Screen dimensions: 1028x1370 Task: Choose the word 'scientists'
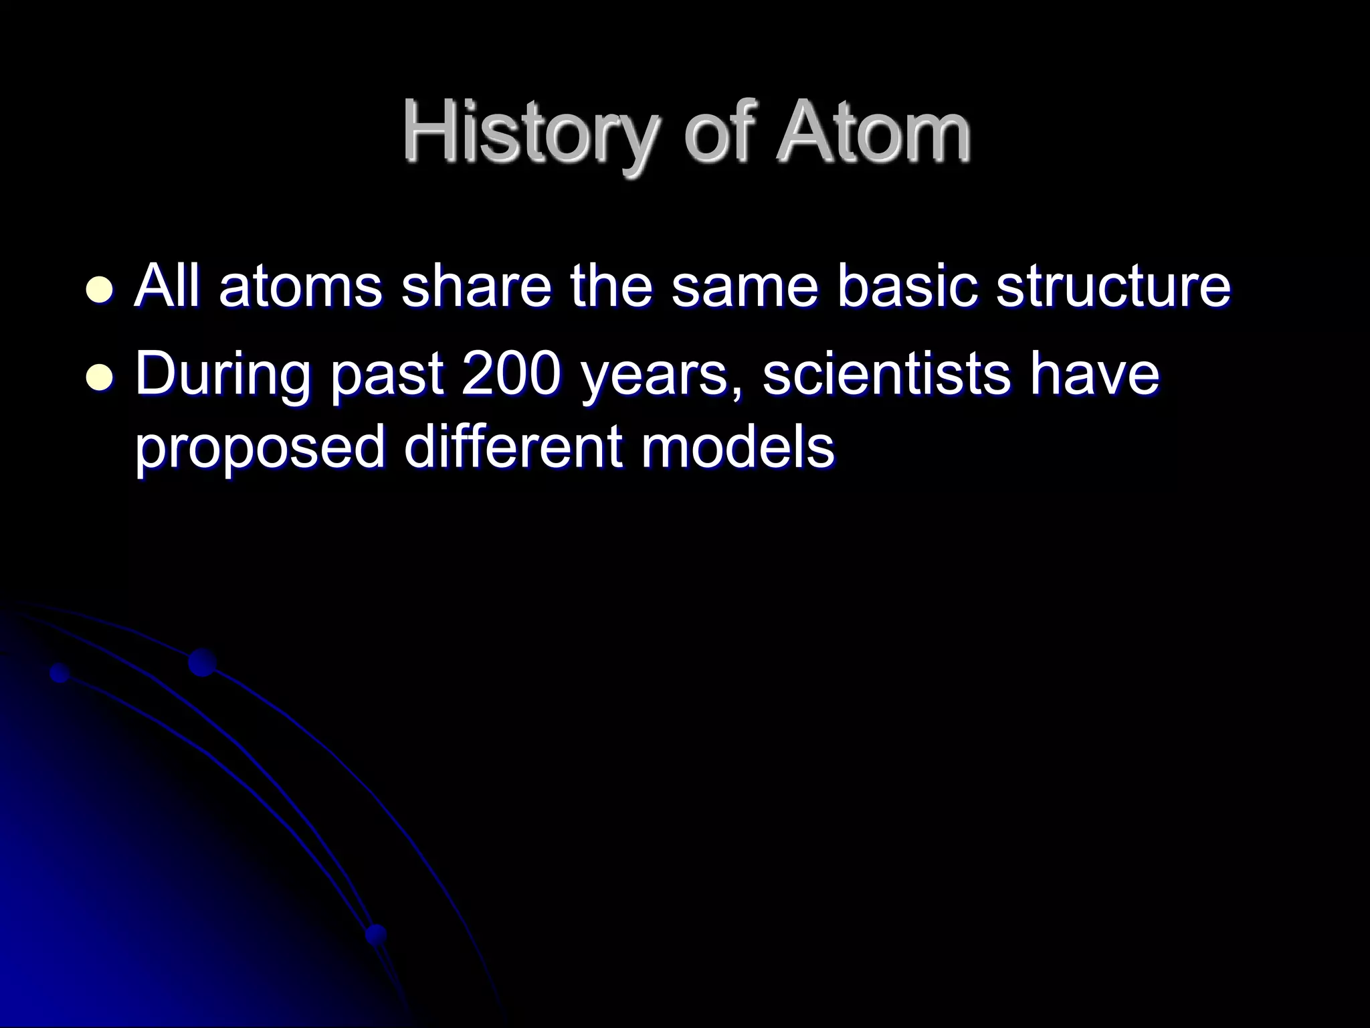coord(886,375)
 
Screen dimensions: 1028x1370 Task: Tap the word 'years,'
coord(662,378)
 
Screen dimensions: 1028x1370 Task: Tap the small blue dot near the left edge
coord(60,673)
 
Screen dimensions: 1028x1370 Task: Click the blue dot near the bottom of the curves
coord(377,934)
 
